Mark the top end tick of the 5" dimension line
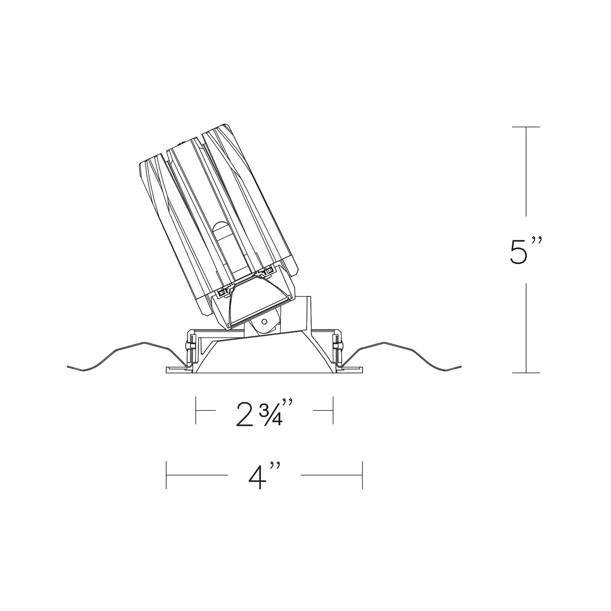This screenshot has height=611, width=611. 526,127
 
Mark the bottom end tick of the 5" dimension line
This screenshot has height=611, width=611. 526,372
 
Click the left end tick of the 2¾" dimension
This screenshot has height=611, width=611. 196,410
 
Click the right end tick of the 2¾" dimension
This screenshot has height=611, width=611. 332,410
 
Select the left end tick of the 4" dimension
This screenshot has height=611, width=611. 166,475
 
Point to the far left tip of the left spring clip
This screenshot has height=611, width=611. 69,367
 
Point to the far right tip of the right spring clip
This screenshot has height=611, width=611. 461,367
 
